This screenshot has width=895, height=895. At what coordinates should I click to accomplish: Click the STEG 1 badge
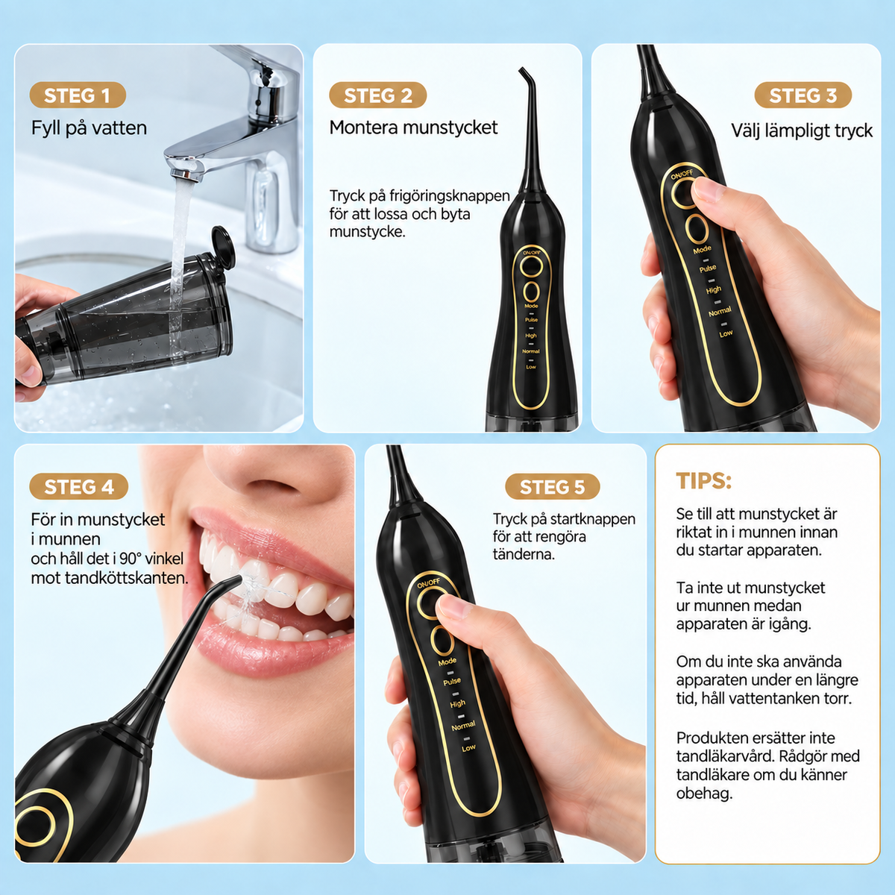tap(78, 95)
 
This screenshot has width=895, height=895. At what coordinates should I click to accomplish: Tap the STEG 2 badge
tap(377, 95)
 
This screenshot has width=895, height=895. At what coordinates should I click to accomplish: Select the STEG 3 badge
tap(803, 95)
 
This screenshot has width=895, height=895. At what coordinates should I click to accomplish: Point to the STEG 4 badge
tap(78, 487)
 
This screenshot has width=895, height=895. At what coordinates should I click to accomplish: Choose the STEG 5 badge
tap(552, 487)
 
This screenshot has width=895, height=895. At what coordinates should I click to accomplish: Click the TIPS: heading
tap(703, 481)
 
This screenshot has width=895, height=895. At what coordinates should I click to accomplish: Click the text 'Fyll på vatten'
tap(89, 128)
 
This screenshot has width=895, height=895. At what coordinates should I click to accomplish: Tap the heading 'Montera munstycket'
tap(413, 128)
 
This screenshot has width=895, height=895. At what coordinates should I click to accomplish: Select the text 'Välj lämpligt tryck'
tap(802, 131)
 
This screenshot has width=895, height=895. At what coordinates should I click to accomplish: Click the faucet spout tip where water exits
tap(184, 174)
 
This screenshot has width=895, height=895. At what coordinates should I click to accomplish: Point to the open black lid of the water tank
tap(222, 246)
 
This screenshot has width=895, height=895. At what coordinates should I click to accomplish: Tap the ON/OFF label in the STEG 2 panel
tap(531, 252)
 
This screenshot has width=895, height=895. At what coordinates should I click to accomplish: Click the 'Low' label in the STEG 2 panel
tap(531, 367)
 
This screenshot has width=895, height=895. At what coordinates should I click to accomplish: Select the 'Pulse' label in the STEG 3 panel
tap(708, 268)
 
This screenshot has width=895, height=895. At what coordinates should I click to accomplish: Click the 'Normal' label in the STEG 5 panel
tap(463, 726)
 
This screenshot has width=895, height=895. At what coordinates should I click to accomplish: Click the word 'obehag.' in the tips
tap(704, 793)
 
